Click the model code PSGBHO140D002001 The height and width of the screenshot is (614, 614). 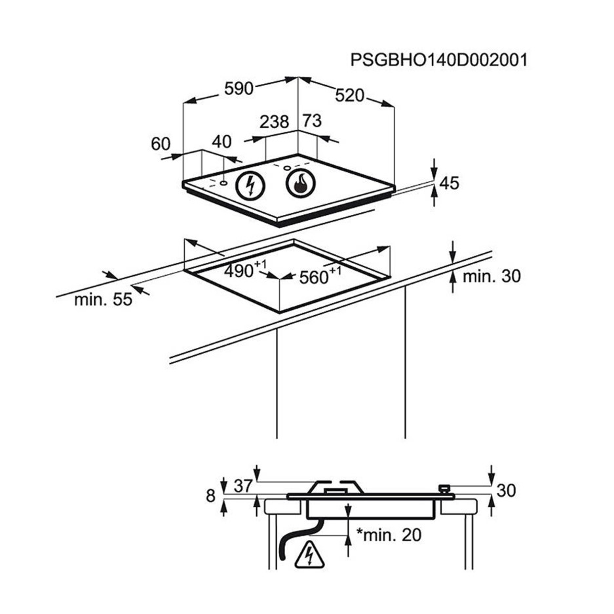(438, 60)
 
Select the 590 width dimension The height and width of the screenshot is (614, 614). (239, 88)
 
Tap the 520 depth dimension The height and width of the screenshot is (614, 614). (349, 95)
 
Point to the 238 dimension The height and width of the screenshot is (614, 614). (274, 121)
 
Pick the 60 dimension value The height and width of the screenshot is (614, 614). (161, 144)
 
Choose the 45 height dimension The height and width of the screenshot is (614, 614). (449, 183)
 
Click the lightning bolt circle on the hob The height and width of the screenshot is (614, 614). (249, 185)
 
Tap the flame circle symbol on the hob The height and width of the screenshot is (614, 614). (300, 183)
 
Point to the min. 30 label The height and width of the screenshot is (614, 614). (491, 276)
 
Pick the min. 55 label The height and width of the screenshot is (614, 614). (103, 299)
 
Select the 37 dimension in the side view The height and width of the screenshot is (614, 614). (243, 486)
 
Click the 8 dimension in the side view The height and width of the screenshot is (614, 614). (210, 496)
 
